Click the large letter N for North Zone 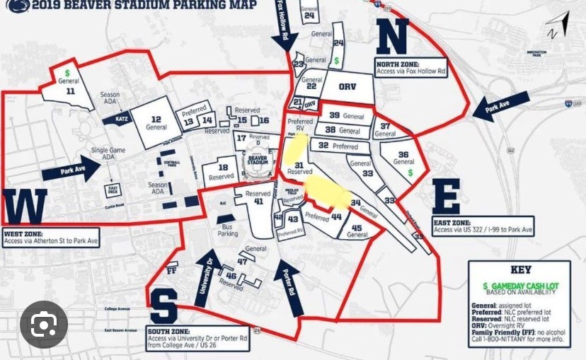(x=392, y=37)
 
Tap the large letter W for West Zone (x=25, y=207)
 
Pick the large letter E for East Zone (x=446, y=196)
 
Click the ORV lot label (x=346, y=86)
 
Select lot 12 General (x=156, y=123)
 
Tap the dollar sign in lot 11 (x=67, y=73)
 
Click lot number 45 (x=356, y=228)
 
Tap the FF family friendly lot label (x=171, y=269)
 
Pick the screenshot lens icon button (x=44, y=325)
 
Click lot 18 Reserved (x=221, y=172)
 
